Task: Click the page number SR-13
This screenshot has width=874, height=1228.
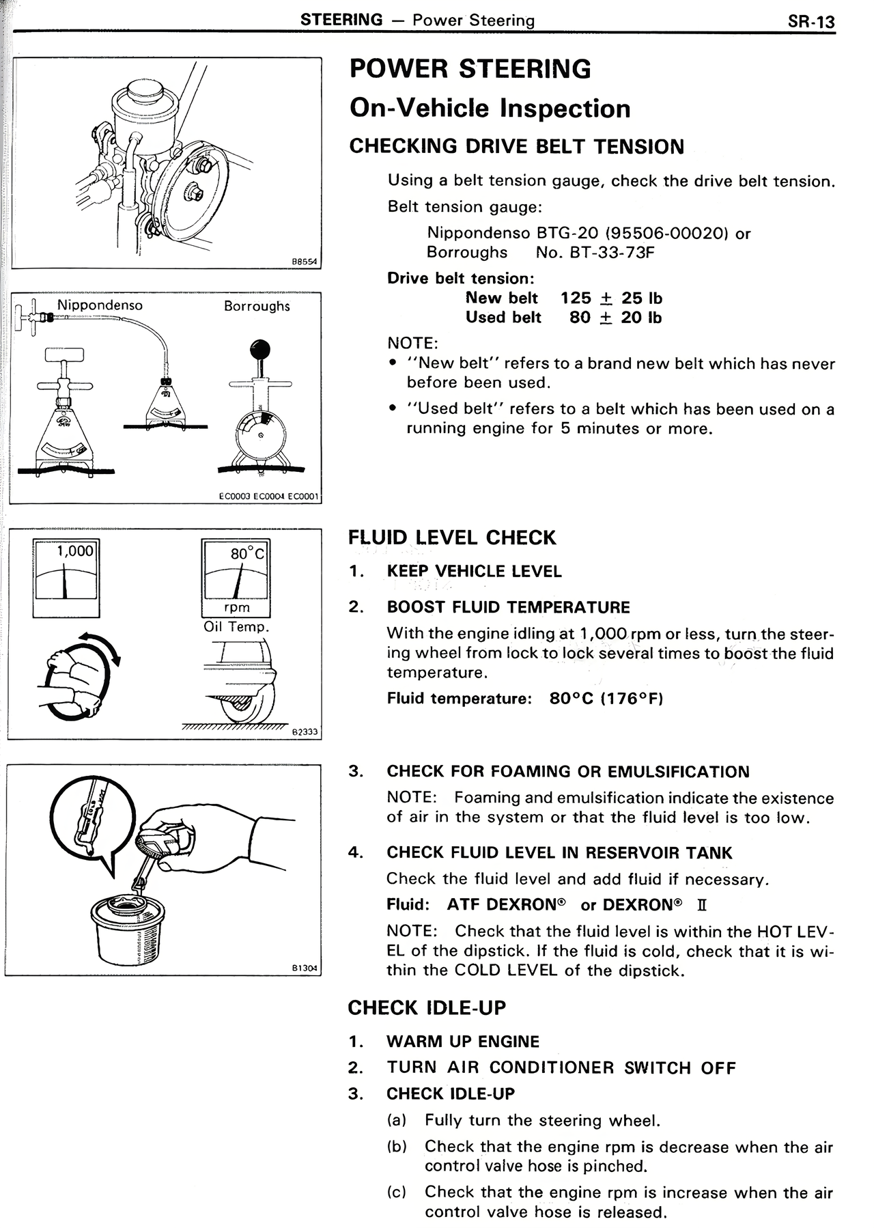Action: [x=810, y=21]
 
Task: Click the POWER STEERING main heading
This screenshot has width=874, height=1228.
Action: [x=470, y=69]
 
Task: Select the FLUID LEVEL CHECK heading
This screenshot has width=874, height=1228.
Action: [x=452, y=538]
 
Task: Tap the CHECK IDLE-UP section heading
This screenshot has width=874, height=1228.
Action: [x=427, y=1008]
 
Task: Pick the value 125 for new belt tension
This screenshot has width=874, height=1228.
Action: [x=576, y=298]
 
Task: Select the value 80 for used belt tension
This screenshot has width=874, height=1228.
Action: [x=580, y=318]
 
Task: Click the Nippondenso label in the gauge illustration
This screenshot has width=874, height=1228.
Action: [x=100, y=305]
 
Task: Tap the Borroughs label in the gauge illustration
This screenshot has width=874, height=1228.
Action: [x=257, y=306]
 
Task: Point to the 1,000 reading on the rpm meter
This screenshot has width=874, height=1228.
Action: [x=75, y=551]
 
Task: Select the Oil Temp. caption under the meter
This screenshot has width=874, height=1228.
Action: [x=236, y=627]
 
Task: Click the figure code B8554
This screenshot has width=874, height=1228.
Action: [x=305, y=261]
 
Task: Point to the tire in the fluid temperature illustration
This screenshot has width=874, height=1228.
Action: [x=253, y=703]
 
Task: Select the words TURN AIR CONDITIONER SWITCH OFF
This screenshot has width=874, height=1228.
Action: [x=561, y=1068]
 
